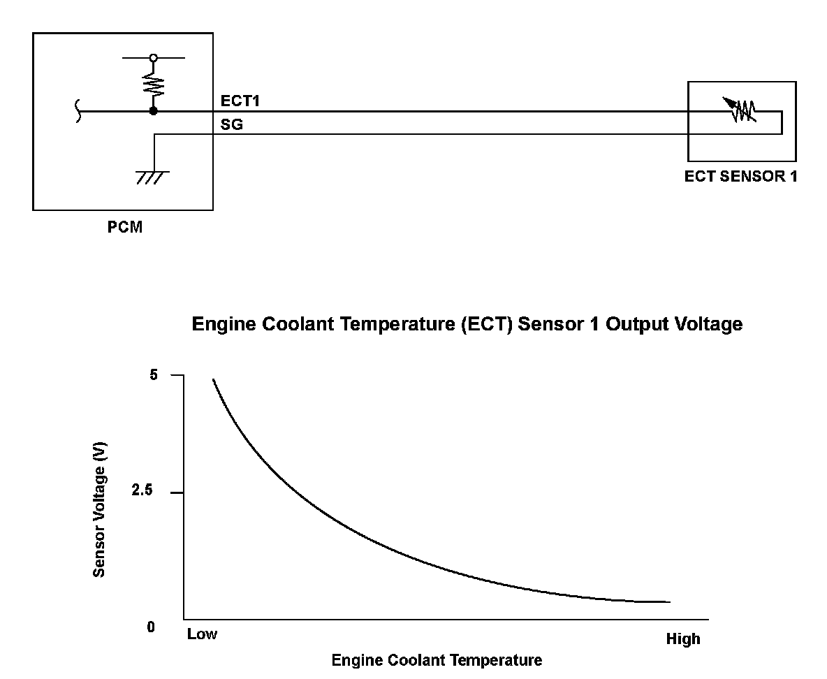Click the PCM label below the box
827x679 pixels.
[125, 227]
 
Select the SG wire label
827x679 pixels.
[232, 125]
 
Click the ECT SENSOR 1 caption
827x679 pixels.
[740, 177]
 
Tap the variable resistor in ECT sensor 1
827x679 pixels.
[742, 110]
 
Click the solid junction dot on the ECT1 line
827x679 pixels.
[154, 111]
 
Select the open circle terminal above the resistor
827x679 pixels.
[154, 58]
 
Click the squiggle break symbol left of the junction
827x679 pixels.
[78, 111]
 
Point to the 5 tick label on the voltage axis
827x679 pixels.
[154, 375]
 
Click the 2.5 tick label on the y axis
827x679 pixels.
[142, 492]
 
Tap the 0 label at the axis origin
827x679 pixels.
[151, 627]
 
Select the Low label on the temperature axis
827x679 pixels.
[202, 634]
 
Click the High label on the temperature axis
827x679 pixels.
[682, 639]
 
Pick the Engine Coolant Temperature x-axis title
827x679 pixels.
[437, 660]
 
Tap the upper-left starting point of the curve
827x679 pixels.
[213, 379]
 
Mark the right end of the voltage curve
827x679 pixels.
[669, 601]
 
